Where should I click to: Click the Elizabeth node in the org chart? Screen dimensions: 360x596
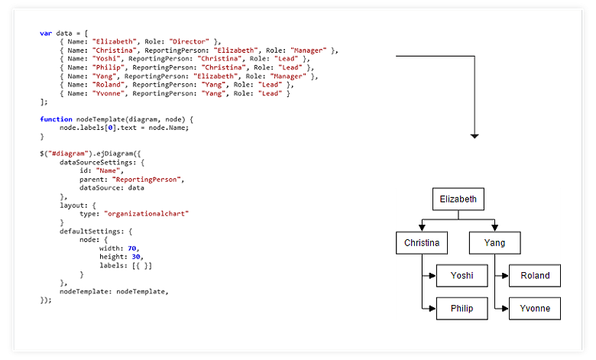pos(458,200)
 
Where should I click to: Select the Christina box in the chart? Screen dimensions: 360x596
pos(422,244)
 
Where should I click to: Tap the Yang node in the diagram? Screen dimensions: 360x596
pos(494,244)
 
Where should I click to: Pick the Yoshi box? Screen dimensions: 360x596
pos(462,276)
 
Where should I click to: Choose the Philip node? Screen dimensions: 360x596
pos(462,309)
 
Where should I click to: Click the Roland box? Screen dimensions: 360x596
pos(534,276)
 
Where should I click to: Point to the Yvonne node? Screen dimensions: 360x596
pos(534,309)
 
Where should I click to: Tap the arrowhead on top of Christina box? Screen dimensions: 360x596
pos(422,228)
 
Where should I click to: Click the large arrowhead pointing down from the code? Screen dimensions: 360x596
pos(475,135)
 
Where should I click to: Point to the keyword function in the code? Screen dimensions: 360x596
pos(56,119)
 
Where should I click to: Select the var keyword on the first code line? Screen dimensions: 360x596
pos(45,33)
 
